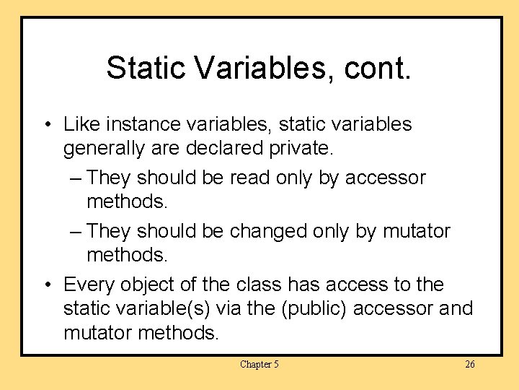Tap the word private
pos(302,149)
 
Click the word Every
pos(89,285)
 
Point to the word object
pos(144,285)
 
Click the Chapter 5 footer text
pos(259,365)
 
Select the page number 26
pos(469,365)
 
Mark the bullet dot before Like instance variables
pos(47,125)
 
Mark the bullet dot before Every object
pos(47,285)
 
